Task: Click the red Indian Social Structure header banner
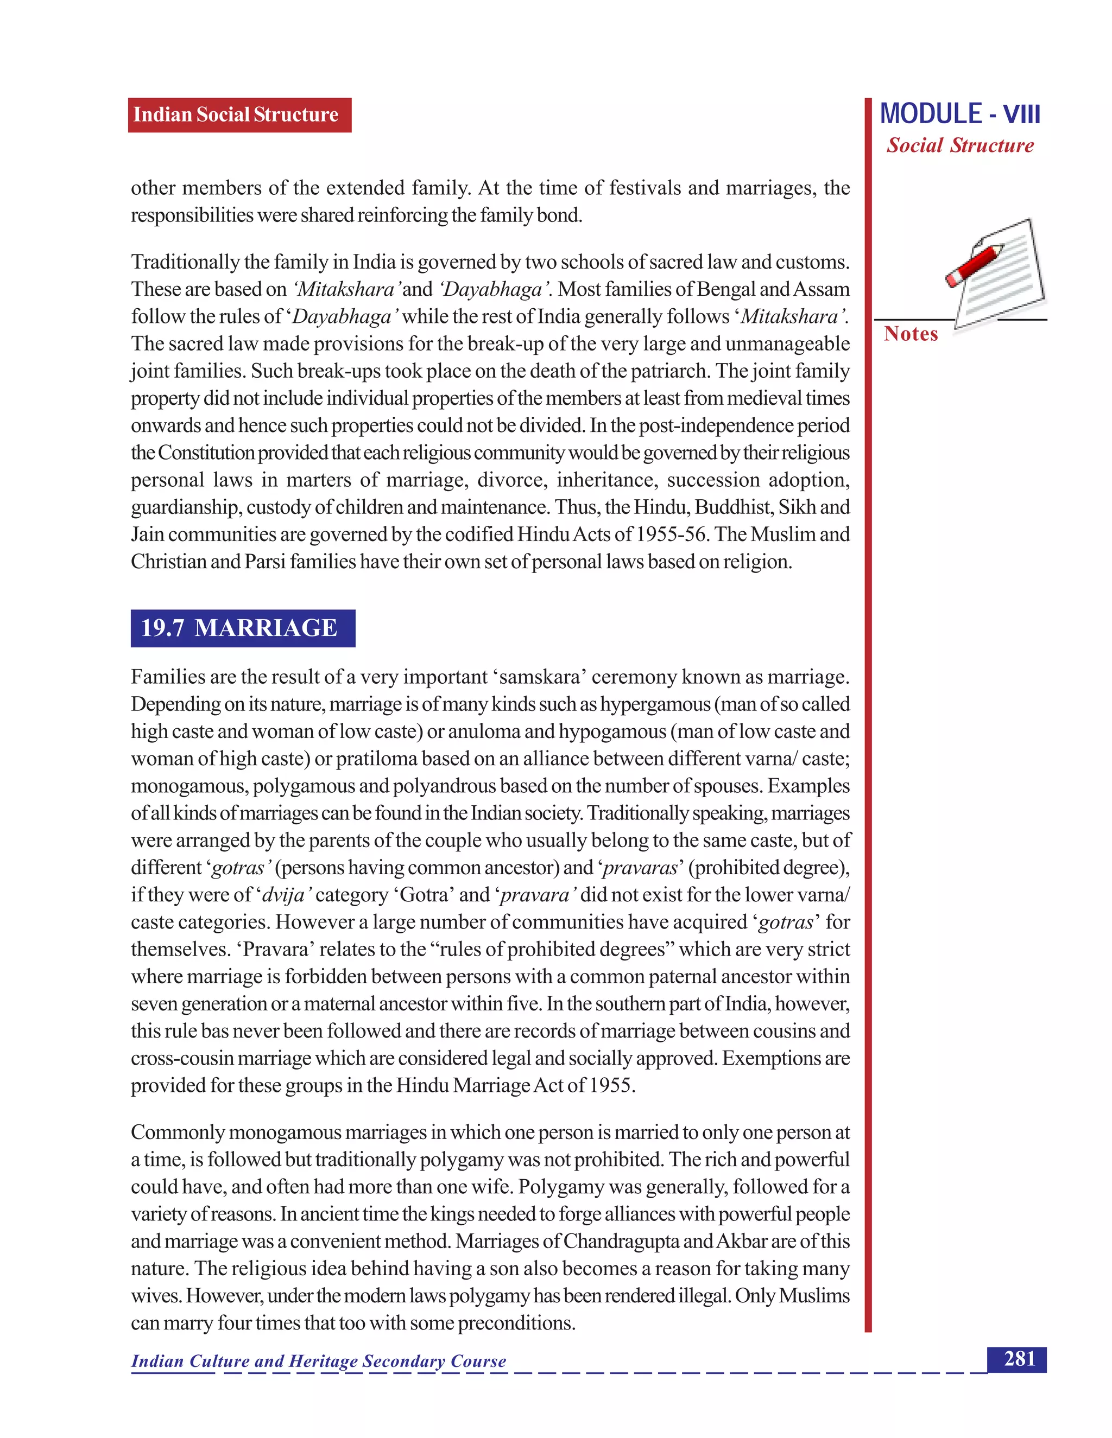(x=239, y=114)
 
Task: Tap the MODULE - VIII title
(x=959, y=114)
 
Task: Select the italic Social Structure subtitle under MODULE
(x=959, y=145)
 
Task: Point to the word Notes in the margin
(x=911, y=334)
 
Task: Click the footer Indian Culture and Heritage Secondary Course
(x=318, y=1361)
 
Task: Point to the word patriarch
(x=670, y=371)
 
